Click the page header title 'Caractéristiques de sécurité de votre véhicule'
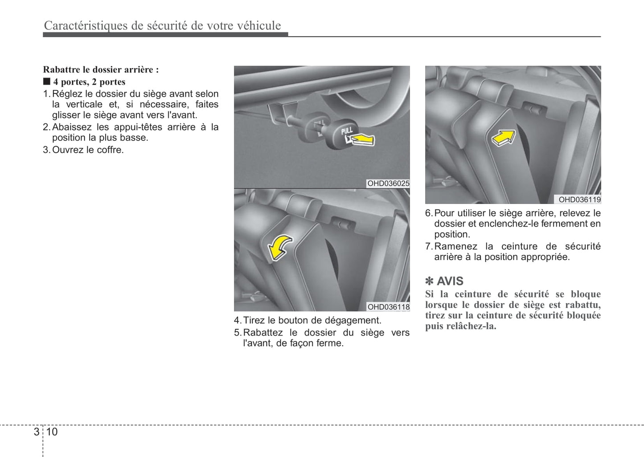(x=162, y=26)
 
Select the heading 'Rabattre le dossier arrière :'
(x=101, y=69)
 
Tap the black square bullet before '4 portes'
(x=47, y=82)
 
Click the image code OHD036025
(x=388, y=184)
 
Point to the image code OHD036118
(x=388, y=307)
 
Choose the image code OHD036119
(x=579, y=200)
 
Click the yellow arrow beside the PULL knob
(x=363, y=139)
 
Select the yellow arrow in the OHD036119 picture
(x=504, y=137)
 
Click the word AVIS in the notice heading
(x=450, y=282)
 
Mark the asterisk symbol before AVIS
(x=430, y=282)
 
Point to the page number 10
(x=52, y=432)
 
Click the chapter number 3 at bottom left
(x=36, y=432)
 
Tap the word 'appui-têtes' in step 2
(x=138, y=127)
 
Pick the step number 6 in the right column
(x=428, y=213)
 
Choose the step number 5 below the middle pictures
(x=237, y=333)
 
